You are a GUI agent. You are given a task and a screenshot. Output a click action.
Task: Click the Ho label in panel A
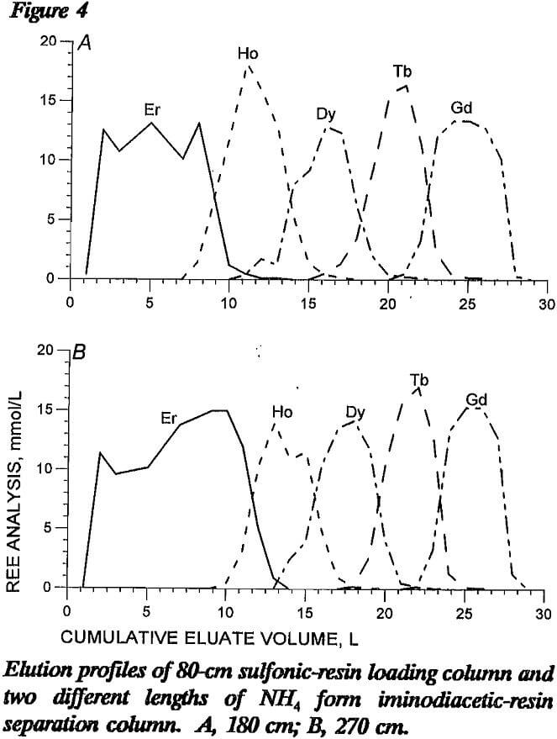(x=247, y=55)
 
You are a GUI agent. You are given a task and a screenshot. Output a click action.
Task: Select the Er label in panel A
(x=153, y=110)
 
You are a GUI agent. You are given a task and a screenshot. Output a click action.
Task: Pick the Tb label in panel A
(x=402, y=71)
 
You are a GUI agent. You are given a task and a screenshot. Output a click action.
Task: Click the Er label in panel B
(x=170, y=418)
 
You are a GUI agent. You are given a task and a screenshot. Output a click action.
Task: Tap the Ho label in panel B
(x=282, y=412)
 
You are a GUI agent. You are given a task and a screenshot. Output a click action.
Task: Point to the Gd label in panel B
(x=476, y=398)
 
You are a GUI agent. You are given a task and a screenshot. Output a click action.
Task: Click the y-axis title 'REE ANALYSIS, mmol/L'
(x=13, y=484)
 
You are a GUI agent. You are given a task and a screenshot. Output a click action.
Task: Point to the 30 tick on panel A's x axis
(x=546, y=303)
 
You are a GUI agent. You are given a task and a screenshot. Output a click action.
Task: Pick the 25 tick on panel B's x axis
(x=465, y=611)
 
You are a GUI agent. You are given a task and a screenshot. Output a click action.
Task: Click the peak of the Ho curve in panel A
(x=248, y=65)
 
